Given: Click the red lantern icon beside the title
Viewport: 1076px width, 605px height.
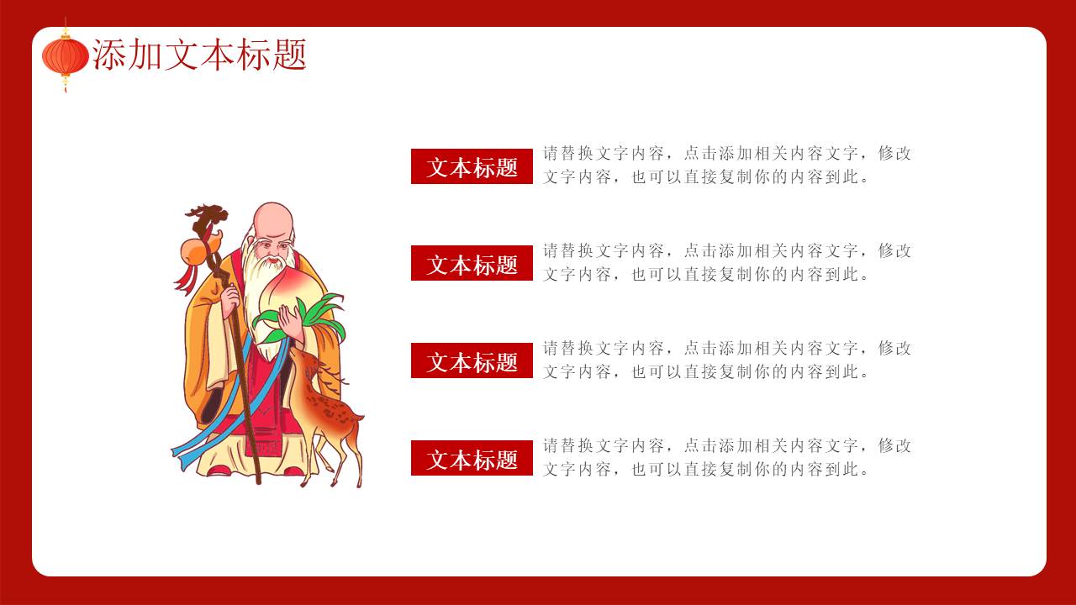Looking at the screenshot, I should coord(65,56).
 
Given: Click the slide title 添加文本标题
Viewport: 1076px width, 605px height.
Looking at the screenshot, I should coord(199,55).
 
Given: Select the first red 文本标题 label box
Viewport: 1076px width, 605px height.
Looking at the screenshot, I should coord(472,166).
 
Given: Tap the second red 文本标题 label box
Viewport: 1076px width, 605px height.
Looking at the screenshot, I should coord(472,263).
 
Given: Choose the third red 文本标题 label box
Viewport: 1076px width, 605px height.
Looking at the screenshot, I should coord(472,360).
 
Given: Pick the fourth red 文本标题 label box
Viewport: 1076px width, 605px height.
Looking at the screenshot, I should coord(472,458).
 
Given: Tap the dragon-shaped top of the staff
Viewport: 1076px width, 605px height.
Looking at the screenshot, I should coord(207,218).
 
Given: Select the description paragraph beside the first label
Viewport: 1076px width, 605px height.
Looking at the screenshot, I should coord(726,166).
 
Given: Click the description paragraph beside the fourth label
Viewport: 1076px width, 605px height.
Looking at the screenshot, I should coord(726,457).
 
